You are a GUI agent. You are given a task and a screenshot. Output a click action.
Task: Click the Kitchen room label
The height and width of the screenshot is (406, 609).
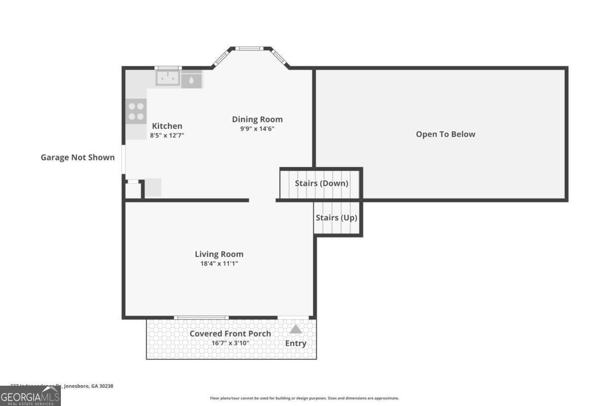pyautogui.click(x=167, y=126)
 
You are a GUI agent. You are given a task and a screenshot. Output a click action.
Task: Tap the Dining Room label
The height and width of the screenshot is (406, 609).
pyautogui.click(x=257, y=119)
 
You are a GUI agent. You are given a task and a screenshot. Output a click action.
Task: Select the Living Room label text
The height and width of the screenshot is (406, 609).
pyautogui.click(x=219, y=254)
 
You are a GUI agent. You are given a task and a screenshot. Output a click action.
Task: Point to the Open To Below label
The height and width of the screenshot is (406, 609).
pyautogui.click(x=446, y=134)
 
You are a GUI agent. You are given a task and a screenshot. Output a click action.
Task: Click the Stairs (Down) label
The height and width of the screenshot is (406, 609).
pyautogui.click(x=321, y=183)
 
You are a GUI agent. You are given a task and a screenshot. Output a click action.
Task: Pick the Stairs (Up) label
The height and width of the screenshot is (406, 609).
pyautogui.click(x=336, y=218)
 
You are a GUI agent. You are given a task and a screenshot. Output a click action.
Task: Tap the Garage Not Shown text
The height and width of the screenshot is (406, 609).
pyautogui.click(x=78, y=157)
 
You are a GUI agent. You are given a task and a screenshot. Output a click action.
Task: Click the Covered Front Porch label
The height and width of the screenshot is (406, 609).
pyautogui.click(x=230, y=333)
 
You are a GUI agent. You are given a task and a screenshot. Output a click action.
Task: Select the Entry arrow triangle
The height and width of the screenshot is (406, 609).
pyautogui.click(x=296, y=329)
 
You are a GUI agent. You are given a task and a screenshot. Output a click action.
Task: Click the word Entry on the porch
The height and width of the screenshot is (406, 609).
pyautogui.click(x=296, y=344)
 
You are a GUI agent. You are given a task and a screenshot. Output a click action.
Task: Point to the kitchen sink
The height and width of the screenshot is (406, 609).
pyautogui.click(x=167, y=79)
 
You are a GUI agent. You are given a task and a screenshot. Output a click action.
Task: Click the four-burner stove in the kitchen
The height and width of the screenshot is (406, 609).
pyautogui.click(x=136, y=112)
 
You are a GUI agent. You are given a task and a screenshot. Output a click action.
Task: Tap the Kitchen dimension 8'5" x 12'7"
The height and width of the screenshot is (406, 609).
pyautogui.click(x=167, y=136)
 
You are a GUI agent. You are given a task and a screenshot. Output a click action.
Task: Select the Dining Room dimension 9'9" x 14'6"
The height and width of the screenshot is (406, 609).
pyautogui.click(x=257, y=129)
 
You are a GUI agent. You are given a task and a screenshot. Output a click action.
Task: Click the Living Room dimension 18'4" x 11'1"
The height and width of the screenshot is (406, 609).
pyautogui.click(x=219, y=264)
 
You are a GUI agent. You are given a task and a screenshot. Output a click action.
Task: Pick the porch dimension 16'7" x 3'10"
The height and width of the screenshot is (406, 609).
pyautogui.click(x=230, y=343)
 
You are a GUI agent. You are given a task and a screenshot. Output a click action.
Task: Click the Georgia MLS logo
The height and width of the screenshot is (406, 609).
pyautogui.click(x=30, y=396)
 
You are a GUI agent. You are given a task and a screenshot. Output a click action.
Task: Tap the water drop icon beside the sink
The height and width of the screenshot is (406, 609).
pyautogui.click(x=191, y=80)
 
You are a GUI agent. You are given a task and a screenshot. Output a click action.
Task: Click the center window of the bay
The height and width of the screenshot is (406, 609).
pyautogui.click(x=250, y=49)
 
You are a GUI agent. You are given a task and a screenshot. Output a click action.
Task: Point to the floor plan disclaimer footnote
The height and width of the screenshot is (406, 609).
pyautogui.click(x=304, y=398)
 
